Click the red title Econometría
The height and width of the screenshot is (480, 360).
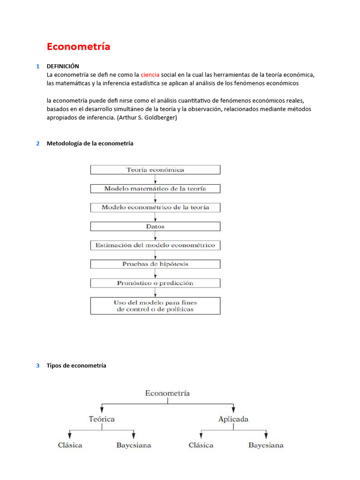(x=78, y=46)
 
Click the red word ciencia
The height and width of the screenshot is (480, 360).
(x=150, y=75)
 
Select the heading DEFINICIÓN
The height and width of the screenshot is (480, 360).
(x=63, y=66)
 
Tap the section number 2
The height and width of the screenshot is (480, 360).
(x=37, y=143)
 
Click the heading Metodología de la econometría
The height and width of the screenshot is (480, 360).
(x=90, y=143)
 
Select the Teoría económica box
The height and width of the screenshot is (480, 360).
(x=155, y=170)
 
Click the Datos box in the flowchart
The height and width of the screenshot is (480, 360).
(x=155, y=226)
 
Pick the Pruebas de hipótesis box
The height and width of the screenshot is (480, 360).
(x=155, y=264)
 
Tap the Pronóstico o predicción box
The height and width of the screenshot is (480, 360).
(x=155, y=283)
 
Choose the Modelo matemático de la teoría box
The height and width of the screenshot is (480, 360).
(x=155, y=188)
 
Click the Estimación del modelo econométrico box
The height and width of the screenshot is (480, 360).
(x=155, y=245)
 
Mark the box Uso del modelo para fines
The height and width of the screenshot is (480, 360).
(x=155, y=306)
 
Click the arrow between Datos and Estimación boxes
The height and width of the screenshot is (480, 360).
(x=155, y=236)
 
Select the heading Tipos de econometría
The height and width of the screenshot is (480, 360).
(x=76, y=366)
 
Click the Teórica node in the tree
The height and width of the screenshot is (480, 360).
(x=102, y=419)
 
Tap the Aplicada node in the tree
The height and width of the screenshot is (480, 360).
(x=233, y=419)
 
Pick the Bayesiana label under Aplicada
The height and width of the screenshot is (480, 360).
(x=266, y=445)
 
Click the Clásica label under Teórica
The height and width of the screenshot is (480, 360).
(x=69, y=445)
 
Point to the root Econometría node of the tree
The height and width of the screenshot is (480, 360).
(x=167, y=393)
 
